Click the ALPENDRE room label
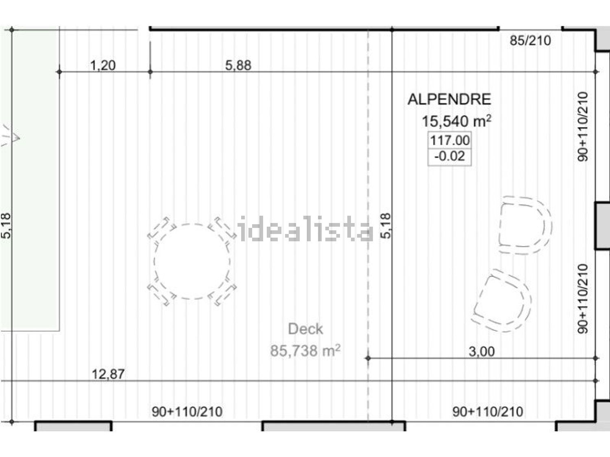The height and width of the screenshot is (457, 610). (x=449, y=100)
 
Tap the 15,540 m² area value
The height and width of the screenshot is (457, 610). (x=457, y=121)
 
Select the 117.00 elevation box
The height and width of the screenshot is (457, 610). (x=449, y=141)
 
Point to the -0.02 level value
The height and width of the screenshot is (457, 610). (x=449, y=156)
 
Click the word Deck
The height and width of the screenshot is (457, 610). (x=305, y=329)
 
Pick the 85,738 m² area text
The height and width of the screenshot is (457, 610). (x=305, y=351)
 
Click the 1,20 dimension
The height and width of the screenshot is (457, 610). (x=103, y=65)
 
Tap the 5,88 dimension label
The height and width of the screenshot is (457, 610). (x=238, y=65)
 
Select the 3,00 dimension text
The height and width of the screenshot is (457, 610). (x=481, y=351)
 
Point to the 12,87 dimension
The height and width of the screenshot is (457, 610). (x=108, y=374)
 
